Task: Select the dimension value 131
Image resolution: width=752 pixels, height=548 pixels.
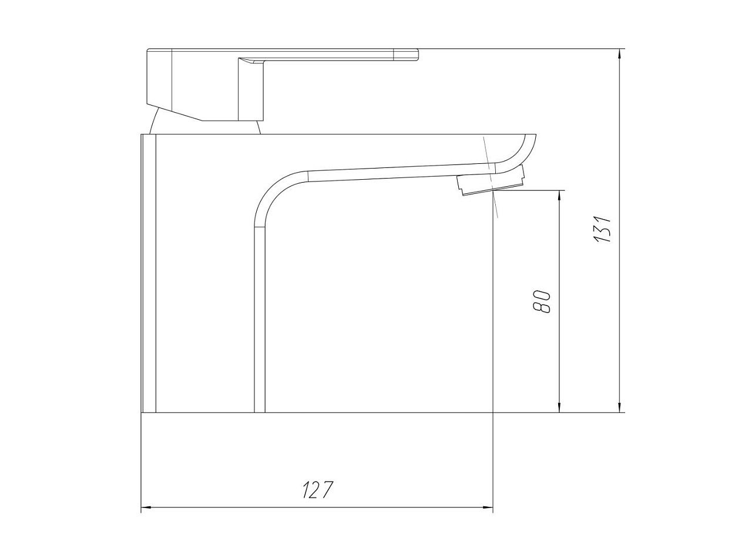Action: click(602, 229)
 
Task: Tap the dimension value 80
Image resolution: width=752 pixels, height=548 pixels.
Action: click(541, 302)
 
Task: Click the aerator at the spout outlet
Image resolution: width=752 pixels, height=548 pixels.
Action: click(491, 181)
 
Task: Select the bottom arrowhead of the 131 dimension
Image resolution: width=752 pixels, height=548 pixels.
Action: click(620, 406)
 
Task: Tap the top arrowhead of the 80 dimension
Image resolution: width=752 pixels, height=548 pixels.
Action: click(559, 196)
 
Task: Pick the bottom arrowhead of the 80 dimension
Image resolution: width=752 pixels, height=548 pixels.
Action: click(559, 406)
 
